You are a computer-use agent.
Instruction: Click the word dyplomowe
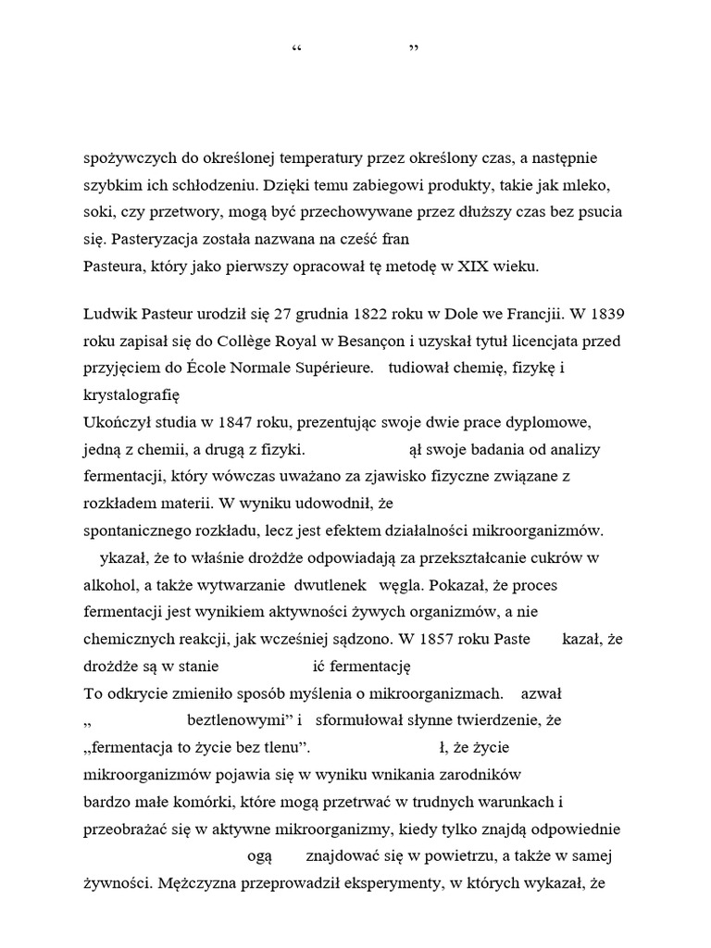pyautogui.click(x=553, y=422)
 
